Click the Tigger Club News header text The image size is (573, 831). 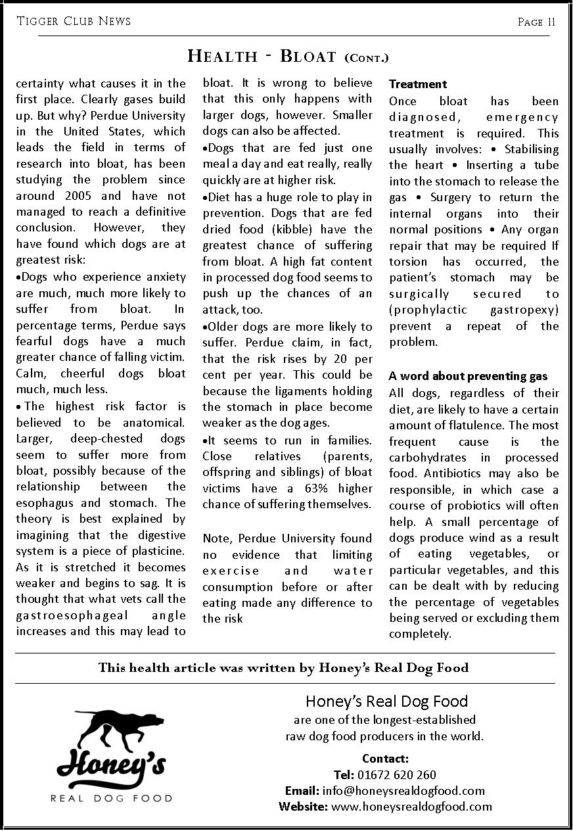pos(74,22)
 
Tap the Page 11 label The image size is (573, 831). pos(536,22)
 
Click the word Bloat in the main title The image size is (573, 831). pos(308,56)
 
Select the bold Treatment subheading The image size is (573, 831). pos(418,84)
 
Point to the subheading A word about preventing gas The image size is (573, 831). pos(468,376)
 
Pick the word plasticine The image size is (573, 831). pos(156,551)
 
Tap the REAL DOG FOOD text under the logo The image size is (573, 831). pos(111,798)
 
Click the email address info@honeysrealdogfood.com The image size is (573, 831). pos(402,790)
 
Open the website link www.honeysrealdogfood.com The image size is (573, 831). pos(411,806)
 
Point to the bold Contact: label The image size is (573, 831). pos(385,759)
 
